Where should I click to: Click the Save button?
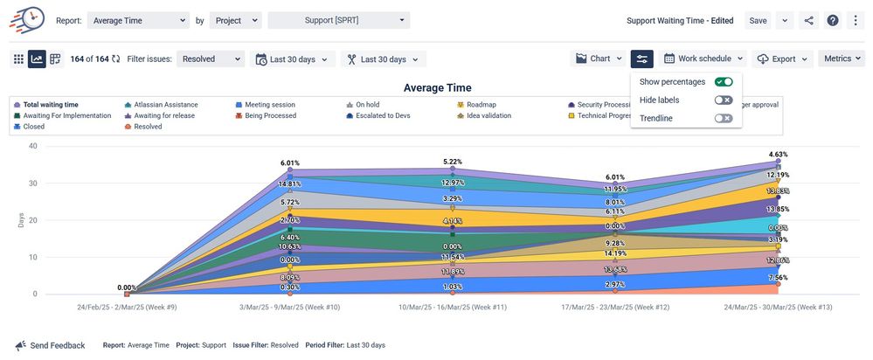[758, 21]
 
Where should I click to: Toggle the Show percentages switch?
[723, 82]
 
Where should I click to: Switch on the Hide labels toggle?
[723, 100]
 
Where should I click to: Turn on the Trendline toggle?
[723, 118]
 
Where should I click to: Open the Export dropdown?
[783, 59]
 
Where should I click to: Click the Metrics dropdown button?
[842, 59]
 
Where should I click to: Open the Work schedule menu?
[703, 59]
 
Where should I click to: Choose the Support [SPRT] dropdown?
[338, 20]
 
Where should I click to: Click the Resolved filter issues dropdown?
[211, 59]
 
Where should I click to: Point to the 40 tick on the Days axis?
[33, 146]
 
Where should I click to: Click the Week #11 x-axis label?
[452, 308]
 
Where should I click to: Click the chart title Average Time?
[437, 87]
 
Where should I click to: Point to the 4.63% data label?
[779, 154]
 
